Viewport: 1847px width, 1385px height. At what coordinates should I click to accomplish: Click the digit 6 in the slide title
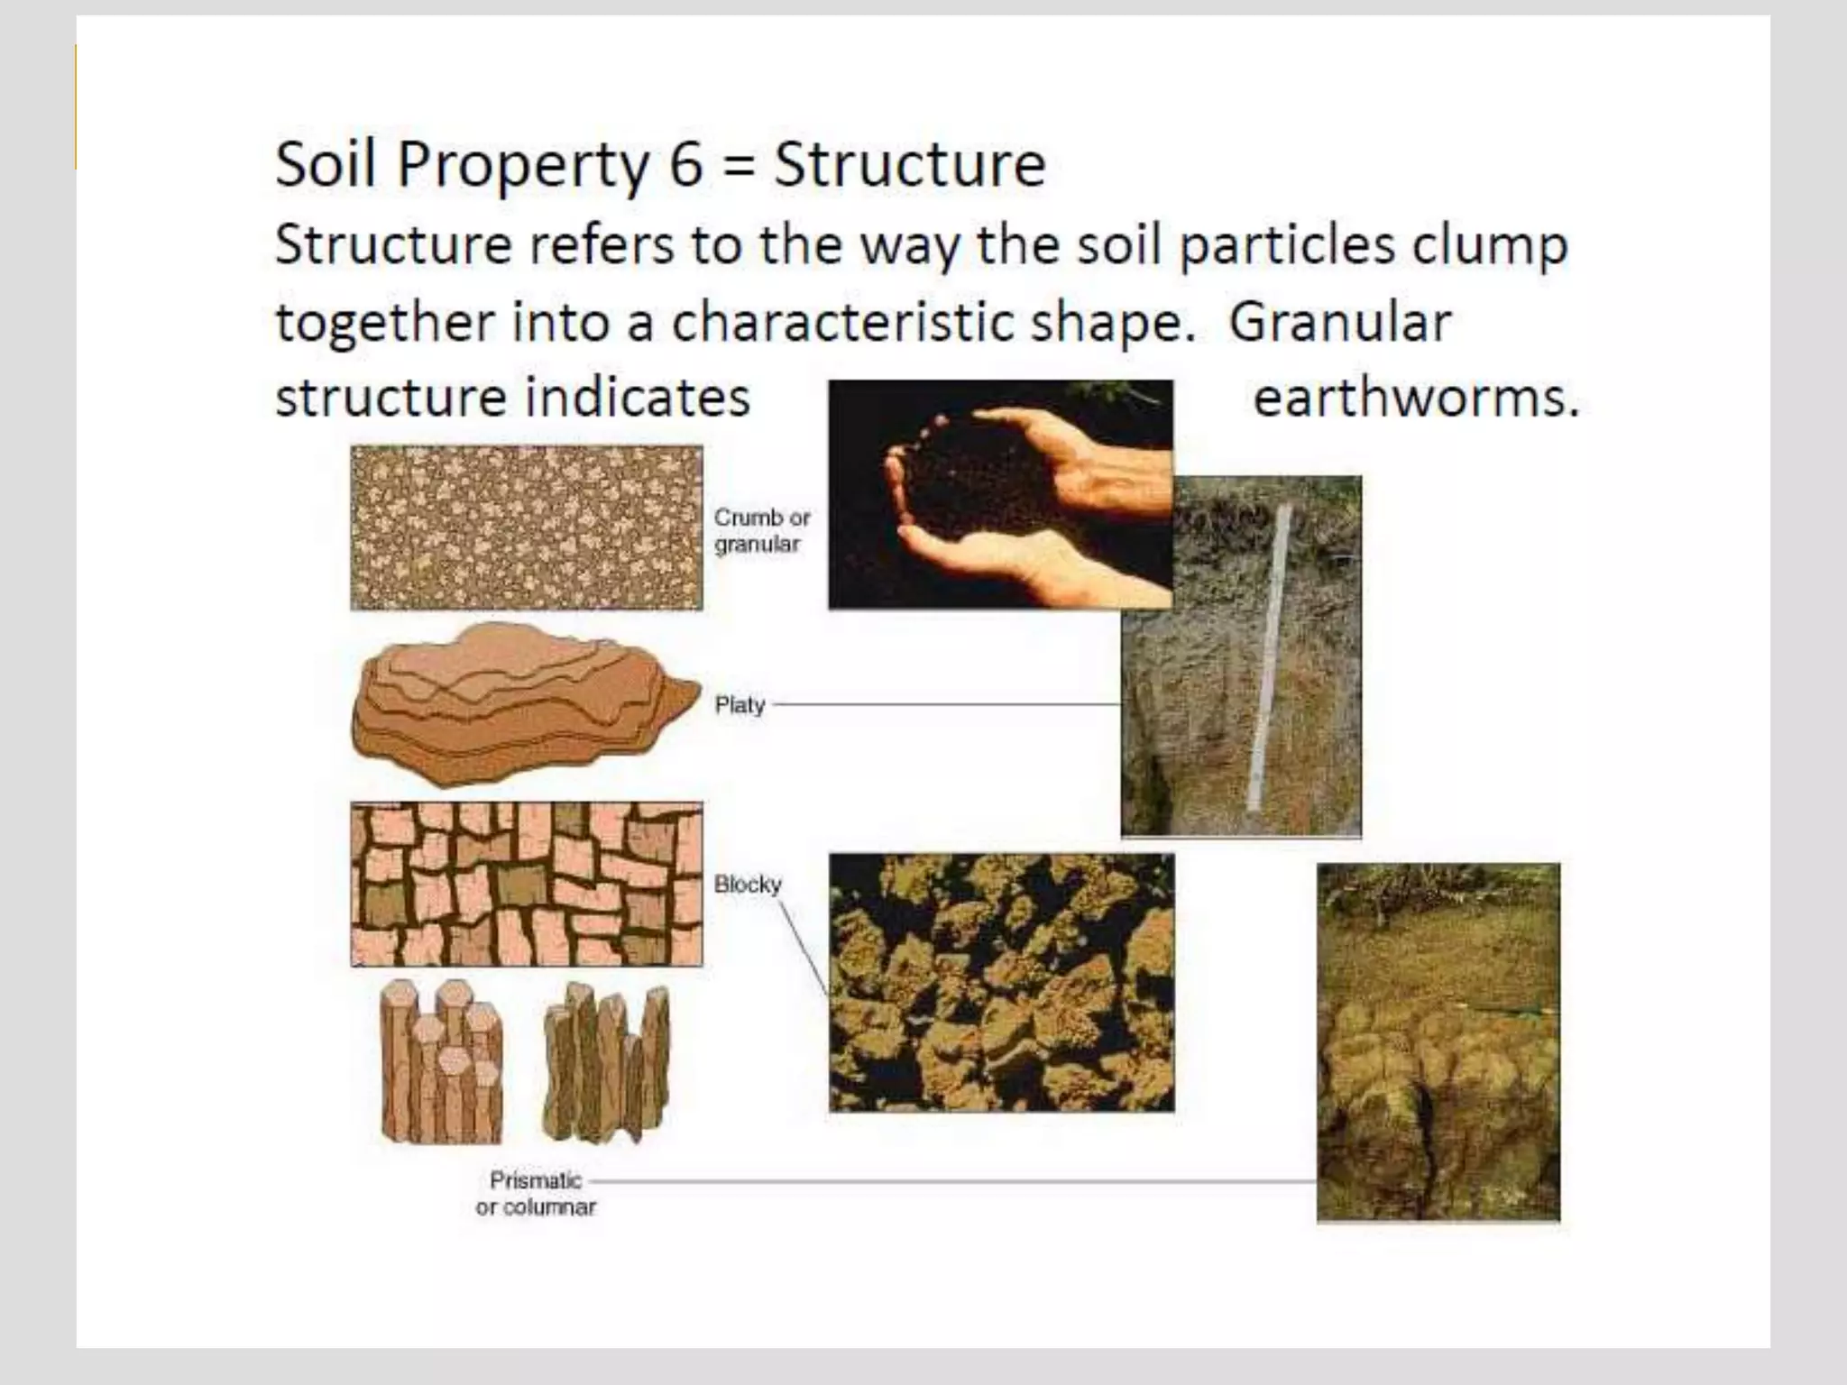pos(686,165)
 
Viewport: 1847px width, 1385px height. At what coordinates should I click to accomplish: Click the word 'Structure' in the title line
pos(909,165)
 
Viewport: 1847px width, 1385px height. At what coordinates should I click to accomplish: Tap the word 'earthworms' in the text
pos(1415,398)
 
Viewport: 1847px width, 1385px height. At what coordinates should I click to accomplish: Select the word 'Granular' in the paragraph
pos(1340,322)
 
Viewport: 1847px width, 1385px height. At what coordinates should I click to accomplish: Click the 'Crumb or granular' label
pos(761,530)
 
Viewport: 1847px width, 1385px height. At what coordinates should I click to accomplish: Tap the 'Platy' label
pos(740,704)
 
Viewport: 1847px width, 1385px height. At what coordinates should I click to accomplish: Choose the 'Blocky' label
pos(748,884)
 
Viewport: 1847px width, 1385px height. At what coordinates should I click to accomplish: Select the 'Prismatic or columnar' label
pos(536,1193)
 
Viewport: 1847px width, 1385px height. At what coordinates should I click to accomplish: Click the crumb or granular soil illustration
pos(527,528)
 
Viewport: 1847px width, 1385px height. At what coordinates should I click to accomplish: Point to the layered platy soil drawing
pos(523,703)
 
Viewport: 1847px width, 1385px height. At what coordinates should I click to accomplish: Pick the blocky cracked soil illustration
pos(527,884)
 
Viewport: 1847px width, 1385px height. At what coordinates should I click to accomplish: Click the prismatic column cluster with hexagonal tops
pos(442,1062)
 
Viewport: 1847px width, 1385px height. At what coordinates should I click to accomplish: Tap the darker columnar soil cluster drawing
pos(607,1062)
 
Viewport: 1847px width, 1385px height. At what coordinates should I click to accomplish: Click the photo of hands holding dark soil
pos(1000,494)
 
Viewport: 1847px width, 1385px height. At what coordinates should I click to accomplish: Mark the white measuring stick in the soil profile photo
pos(1268,658)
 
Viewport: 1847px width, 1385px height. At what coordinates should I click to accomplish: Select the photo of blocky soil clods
pos(1001,983)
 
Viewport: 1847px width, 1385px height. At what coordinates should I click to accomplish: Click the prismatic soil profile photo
pos(1438,1042)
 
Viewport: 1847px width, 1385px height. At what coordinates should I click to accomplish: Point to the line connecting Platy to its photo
pos(947,704)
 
